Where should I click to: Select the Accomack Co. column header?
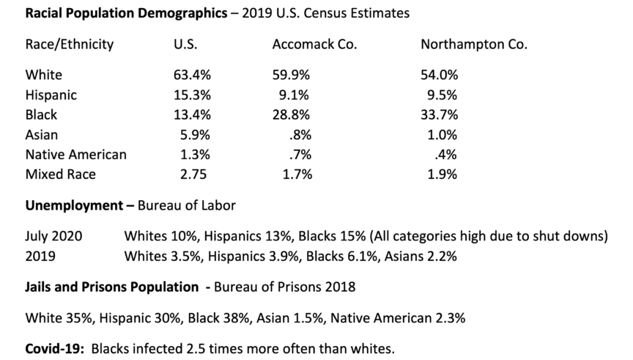[x=314, y=44]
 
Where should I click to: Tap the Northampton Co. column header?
[x=474, y=44]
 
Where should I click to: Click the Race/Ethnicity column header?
[x=70, y=44]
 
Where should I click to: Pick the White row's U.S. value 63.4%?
[x=192, y=75]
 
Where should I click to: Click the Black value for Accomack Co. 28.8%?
[x=291, y=114]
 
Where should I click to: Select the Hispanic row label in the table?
[x=51, y=95]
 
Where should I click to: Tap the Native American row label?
[x=75, y=155]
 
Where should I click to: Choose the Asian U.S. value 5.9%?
[x=195, y=135]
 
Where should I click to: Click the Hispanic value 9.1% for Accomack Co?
[x=295, y=95]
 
